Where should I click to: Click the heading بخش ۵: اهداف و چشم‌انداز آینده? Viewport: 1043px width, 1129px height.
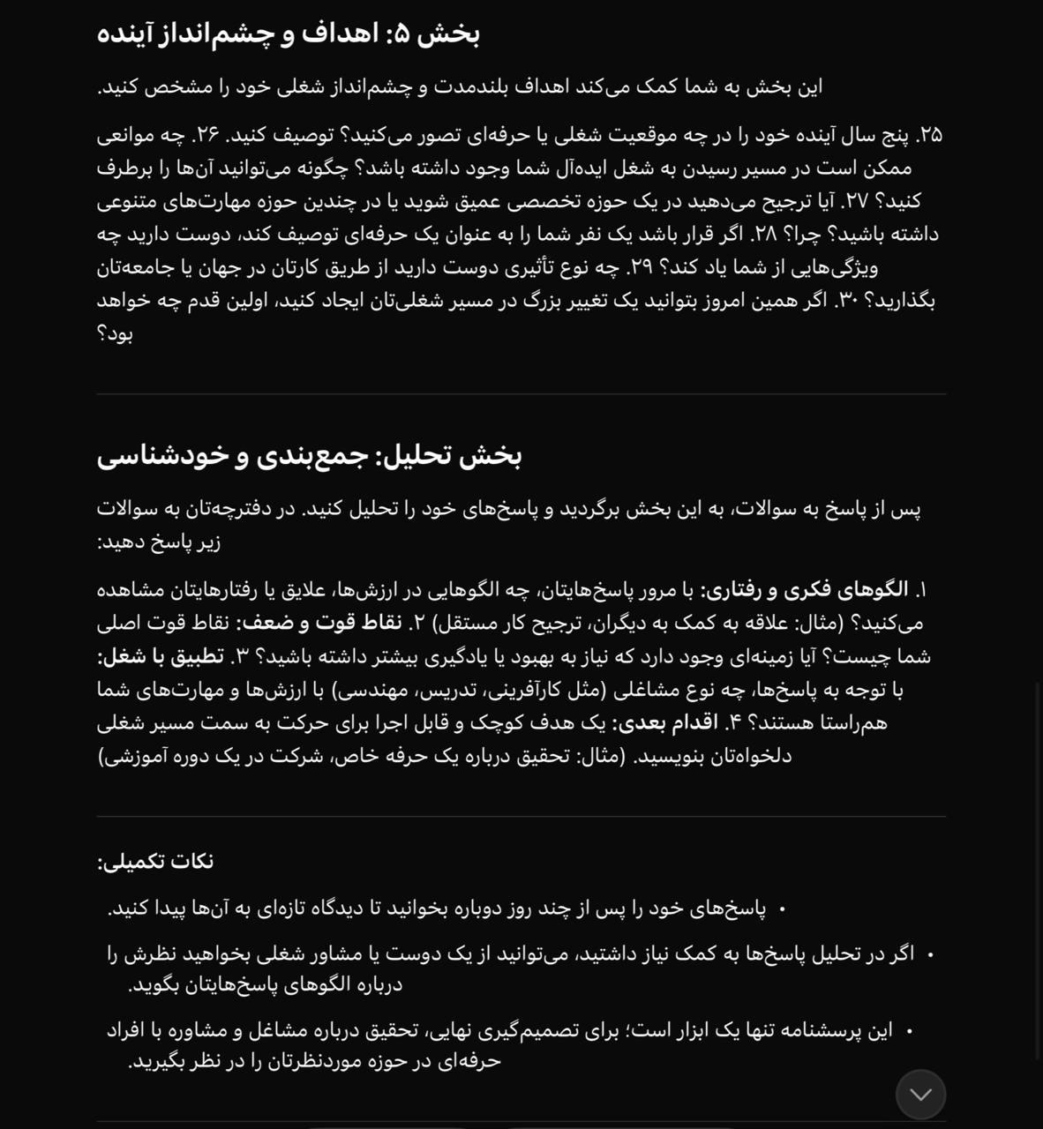click(288, 34)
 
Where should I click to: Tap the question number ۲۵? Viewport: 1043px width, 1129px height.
click(929, 135)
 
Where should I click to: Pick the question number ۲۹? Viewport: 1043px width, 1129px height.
click(642, 267)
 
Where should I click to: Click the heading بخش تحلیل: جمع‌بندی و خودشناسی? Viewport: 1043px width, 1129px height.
click(309, 456)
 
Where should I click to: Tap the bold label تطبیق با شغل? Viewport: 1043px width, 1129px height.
click(161, 657)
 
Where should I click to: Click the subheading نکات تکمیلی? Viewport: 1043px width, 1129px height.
click(155, 862)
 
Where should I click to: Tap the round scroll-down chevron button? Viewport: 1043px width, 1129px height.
click(920, 1095)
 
